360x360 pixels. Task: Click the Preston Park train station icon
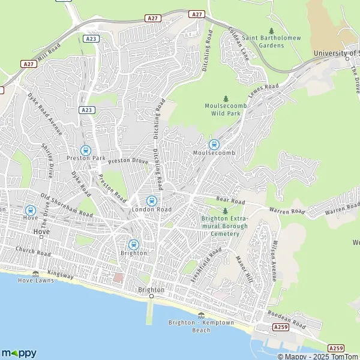coord(85,151)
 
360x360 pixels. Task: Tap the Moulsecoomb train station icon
coord(214,144)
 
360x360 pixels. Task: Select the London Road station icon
coord(152,200)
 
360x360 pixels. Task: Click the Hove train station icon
coord(30,210)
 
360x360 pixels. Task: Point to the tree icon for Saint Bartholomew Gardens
coord(271,31)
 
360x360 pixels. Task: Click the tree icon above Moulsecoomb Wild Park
coord(226,98)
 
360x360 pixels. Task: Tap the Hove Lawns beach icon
coord(35,274)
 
